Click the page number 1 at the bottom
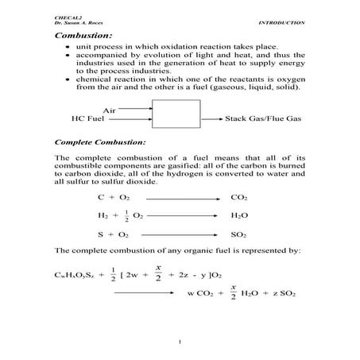pos(181,343)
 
